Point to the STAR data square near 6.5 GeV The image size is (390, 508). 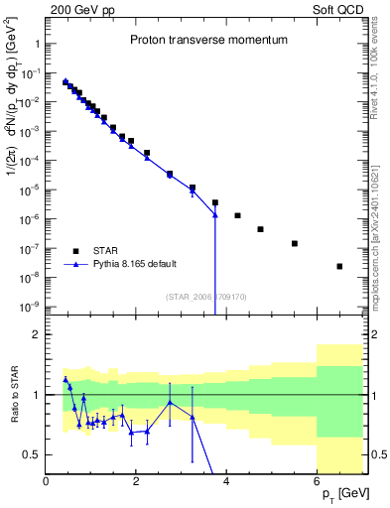click(339, 266)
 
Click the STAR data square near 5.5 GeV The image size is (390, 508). click(294, 243)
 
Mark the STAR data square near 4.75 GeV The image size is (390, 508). click(260, 229)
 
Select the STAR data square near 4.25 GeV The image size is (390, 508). click(237, 215)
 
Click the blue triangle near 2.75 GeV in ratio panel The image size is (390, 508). click(170, 402)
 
